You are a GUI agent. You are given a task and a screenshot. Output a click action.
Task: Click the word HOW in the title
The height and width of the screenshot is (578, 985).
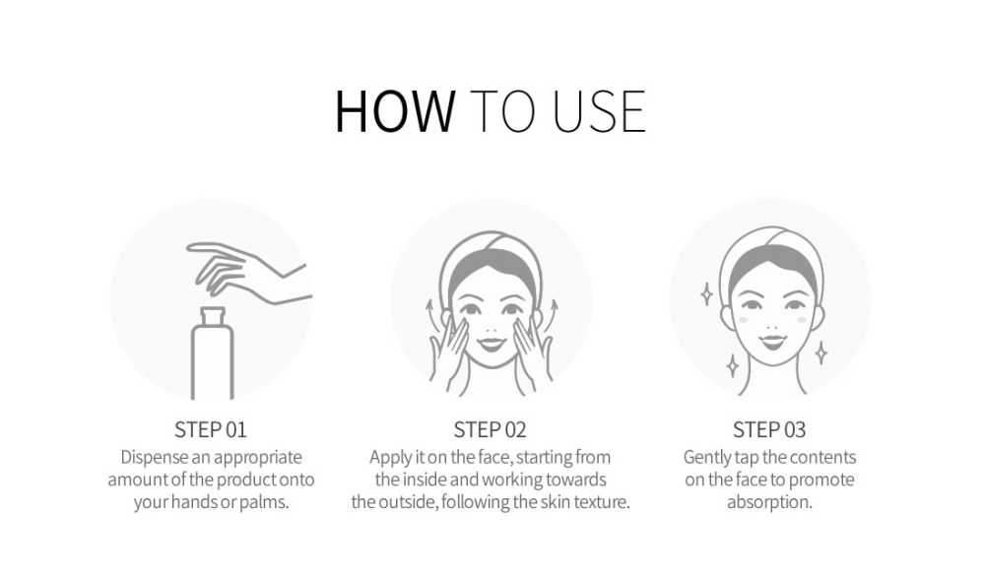point(395,111)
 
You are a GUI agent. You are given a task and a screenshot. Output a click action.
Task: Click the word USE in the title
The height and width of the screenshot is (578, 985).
point(599,111)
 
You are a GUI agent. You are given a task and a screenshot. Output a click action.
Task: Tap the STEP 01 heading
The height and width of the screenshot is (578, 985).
point(211,429)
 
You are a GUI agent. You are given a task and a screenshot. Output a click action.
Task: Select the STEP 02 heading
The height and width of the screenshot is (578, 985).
point(490,429)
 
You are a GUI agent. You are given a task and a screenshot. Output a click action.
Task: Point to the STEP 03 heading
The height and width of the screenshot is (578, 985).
point(769,429)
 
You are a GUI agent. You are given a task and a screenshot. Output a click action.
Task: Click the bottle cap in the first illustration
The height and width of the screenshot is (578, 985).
point(213,316)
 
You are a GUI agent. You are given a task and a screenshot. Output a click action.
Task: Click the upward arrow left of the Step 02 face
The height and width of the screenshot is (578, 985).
point(429,314)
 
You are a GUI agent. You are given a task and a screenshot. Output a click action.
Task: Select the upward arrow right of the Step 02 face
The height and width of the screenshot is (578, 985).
point(553,314)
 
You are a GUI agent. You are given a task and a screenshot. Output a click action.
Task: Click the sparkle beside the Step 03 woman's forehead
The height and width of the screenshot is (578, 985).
point(706,294)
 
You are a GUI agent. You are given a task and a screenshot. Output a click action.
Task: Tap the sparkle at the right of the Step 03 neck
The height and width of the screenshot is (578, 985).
point(821,353)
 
